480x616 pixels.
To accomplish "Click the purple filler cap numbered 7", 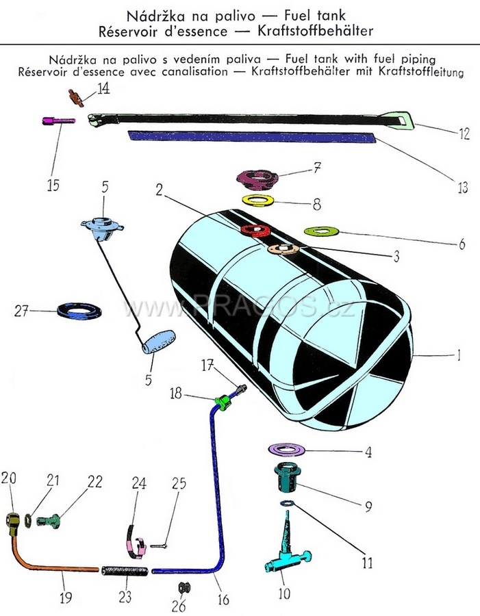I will pyautogui.click(x=255, y=179).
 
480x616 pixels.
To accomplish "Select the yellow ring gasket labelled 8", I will pyautogui.click(x=258, y=201).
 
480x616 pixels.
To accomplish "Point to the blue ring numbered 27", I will pyautogui.click(x=80, y=311).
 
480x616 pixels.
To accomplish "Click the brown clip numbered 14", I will pyautogui.click(x=76, y=97).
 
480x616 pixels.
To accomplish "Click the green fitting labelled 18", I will pyautogui.click(x=221, y=400).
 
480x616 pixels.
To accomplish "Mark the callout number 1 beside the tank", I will pyautogui.click(x=459, y=356).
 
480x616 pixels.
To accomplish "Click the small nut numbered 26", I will pyautogui.click(x=183, y=587).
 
